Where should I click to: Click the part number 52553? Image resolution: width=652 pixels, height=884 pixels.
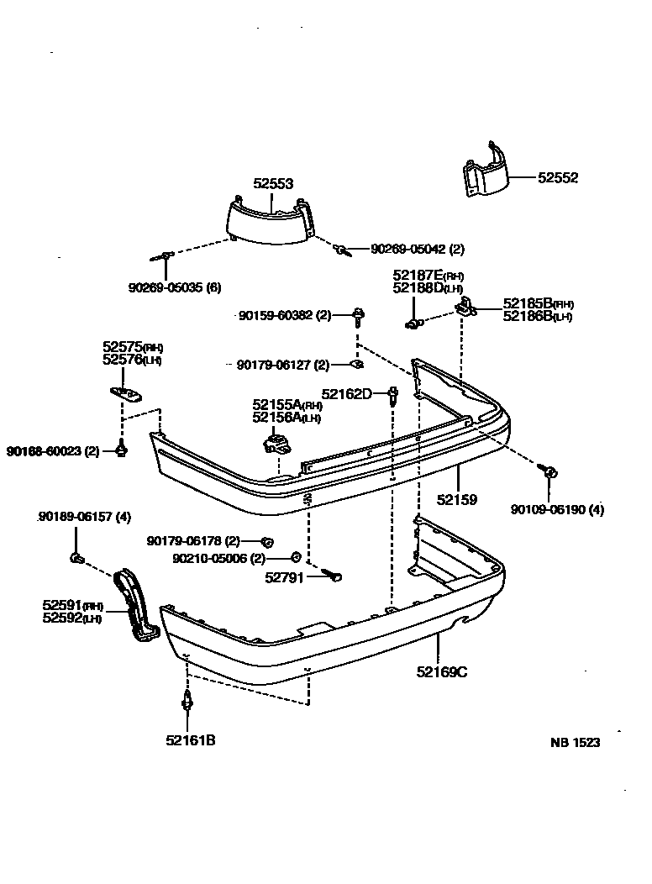coord(273,183)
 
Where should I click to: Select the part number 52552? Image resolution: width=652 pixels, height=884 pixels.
coord(558,178)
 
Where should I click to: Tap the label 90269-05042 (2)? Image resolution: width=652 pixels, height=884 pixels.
coord(418,249)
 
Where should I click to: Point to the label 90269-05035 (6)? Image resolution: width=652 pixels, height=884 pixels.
coord(175,287)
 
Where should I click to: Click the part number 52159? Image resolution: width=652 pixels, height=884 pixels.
coord(456,499)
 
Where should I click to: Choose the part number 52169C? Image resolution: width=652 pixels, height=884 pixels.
coord(439,671)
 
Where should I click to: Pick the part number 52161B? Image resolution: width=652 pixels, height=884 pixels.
coord(190,740)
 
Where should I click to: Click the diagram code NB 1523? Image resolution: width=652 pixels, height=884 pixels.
coord(575,743)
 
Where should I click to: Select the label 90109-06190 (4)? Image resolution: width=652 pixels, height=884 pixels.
coord(557,509)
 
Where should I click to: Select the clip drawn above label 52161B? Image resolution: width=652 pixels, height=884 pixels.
coord(187,699)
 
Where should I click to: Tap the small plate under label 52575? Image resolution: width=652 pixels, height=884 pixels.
coord(126,392)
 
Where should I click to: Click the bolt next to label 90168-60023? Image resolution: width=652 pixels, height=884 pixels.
coord(122,451)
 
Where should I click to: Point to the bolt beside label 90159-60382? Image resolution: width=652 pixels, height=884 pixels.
coord(359,317)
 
